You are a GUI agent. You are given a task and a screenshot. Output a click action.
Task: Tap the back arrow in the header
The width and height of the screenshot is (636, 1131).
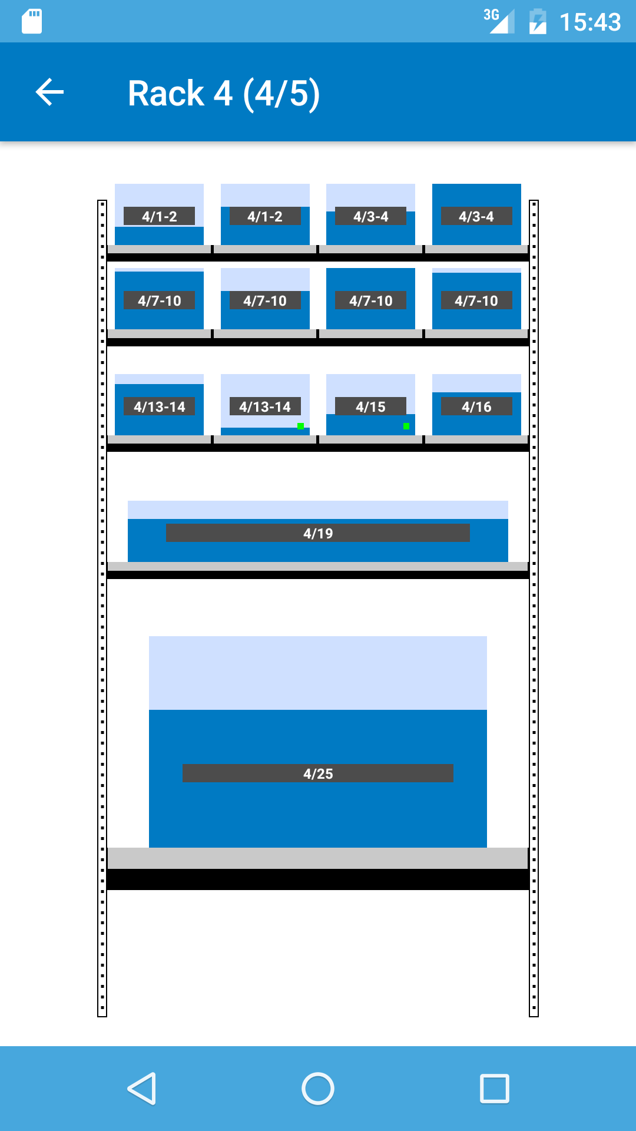tap(49, 92)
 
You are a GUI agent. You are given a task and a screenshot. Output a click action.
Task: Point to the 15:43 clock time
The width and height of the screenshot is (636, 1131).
tap(589, 22)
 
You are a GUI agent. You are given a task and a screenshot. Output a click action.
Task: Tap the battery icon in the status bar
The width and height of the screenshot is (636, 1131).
tap(538, 22)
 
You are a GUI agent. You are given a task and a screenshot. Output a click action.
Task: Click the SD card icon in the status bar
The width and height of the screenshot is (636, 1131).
tap(32, 22)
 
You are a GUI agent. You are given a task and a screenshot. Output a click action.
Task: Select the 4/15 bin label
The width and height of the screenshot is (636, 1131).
tap(370, 406)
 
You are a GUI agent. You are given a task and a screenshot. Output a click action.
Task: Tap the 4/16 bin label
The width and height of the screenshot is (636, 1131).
tap(476, 406)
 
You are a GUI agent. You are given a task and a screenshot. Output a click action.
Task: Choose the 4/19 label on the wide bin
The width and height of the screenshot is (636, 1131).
tap(318, 533)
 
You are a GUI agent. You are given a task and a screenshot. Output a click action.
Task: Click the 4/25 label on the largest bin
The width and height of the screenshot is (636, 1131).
tap(318, 773)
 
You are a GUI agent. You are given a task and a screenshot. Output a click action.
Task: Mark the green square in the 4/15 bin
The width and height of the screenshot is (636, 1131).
tap(406, 426)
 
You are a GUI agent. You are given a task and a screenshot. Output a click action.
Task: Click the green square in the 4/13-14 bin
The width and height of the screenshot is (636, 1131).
tap(300, 426)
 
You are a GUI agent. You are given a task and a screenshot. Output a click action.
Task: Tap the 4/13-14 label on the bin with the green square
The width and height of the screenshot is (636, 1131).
tap(265, 406)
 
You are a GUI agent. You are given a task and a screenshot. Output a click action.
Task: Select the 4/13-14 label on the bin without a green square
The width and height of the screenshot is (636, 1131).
tap(159, 406)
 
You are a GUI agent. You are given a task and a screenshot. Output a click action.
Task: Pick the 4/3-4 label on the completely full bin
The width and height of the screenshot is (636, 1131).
tap(476, 216)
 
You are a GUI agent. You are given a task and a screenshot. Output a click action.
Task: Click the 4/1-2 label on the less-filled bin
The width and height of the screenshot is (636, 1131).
tap(159, 216)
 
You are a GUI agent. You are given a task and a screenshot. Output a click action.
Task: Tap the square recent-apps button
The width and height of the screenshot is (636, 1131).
tap(495, 1088)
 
